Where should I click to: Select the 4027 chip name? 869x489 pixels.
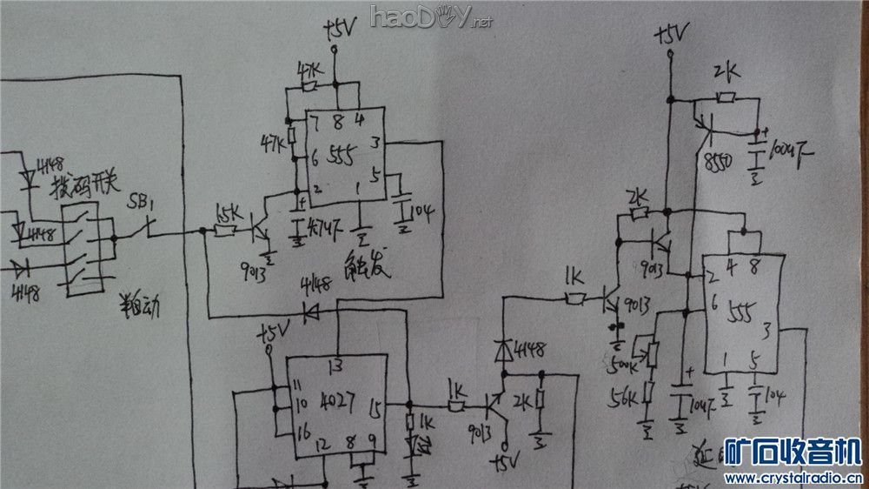pos(339,405)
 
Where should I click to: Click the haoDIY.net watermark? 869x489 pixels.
pos(431,16)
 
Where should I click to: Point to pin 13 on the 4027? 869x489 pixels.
pos(335,365)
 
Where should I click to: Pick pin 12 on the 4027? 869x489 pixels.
pos(324,445)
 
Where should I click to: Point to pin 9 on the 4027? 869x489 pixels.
pos(373,445)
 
